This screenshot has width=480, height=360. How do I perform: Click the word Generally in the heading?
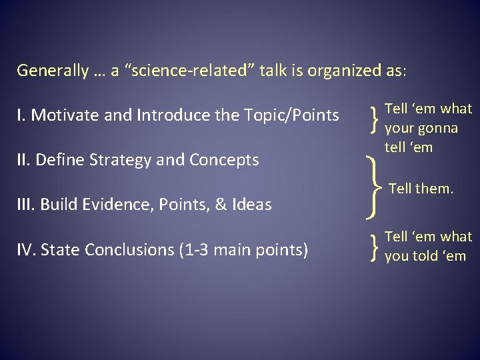coord(53,70)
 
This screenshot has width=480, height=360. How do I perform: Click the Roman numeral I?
coord(21,115)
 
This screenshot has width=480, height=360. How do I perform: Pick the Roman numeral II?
coord(23,160)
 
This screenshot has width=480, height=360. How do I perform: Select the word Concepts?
coord(224,160)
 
